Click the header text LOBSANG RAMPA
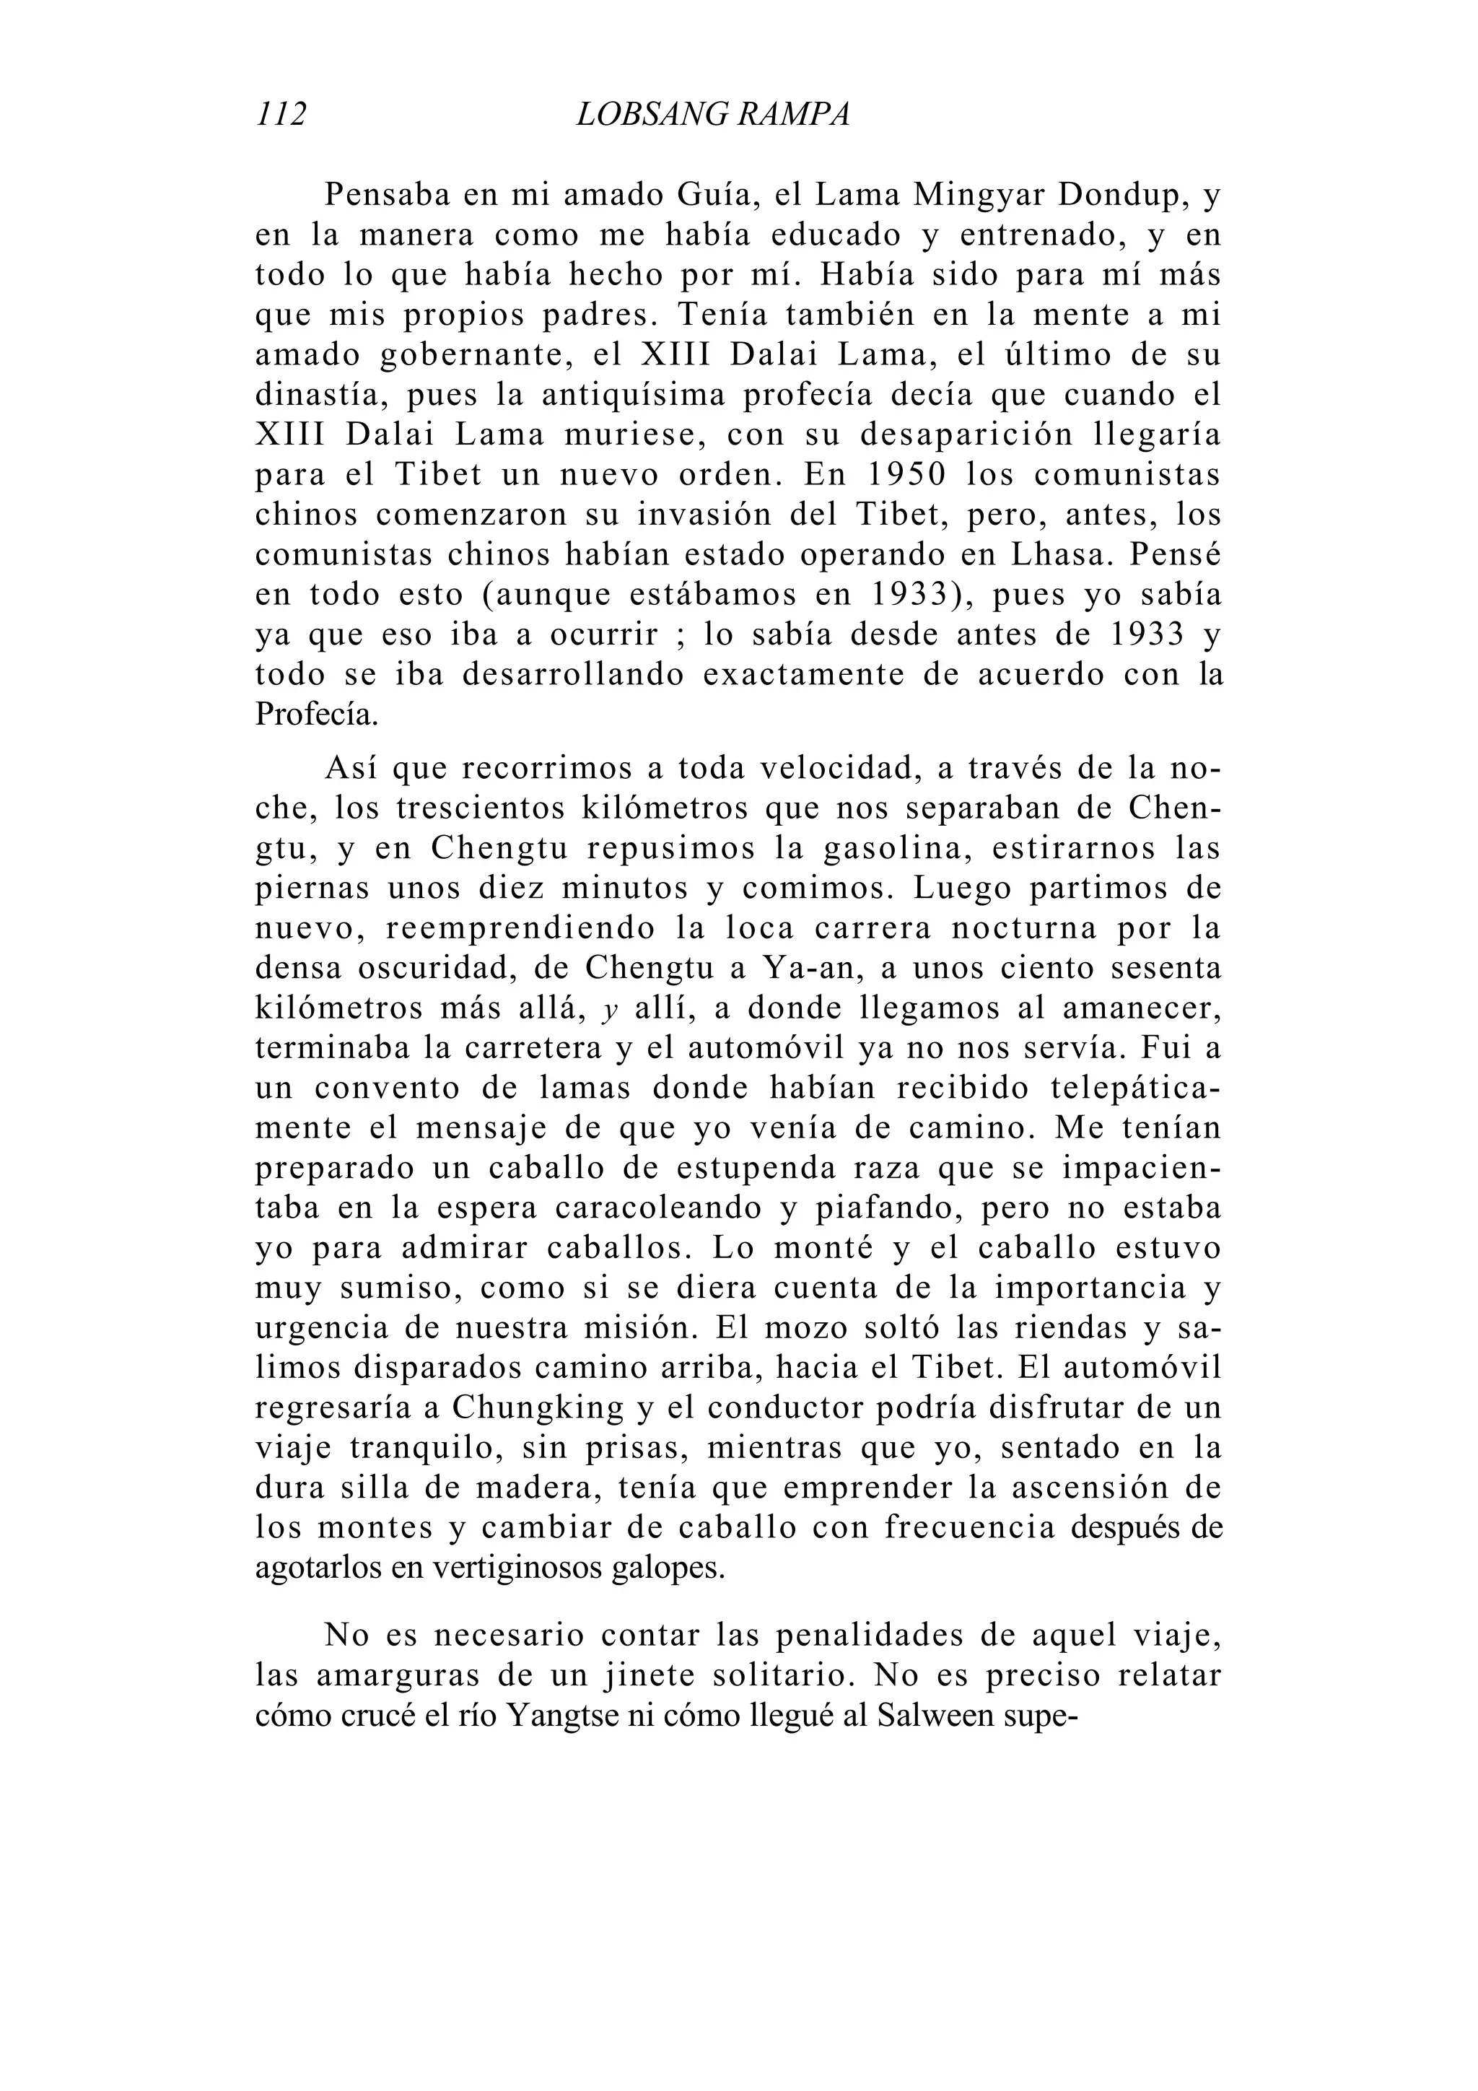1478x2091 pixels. click(713, 115)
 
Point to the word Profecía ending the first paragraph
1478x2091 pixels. click(315, 715)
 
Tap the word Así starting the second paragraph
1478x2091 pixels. click(351, 769)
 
